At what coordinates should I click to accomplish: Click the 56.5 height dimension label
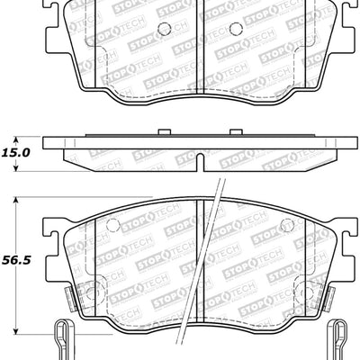click(18, 261)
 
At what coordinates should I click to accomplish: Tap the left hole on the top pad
click(164, 28)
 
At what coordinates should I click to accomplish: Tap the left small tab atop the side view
click(161, 135)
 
